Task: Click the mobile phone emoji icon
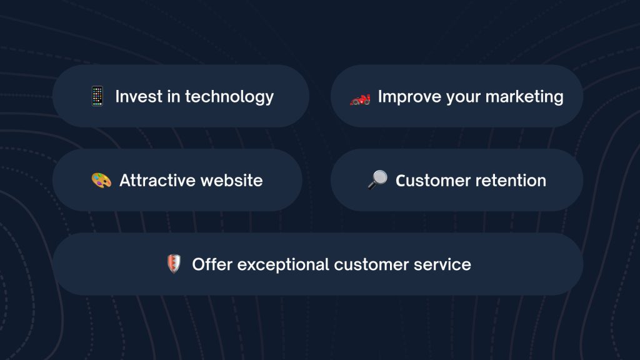pyautogui.click(x=97, y=96)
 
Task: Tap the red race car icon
pyautogui.click(x=360, y=99)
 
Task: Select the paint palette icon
pyautogui.click(x=101, y=181)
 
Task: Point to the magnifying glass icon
pyautogui.click(x=377, y=179)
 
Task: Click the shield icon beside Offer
pyautogui.click(x=174, y=264)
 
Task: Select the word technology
pyautogui.click(x=229, y=97)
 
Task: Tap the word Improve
pyautogui.click(x=409, y=97)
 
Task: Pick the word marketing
pyautogui.click(x=524, y=97)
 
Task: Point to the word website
pyautogui.click(x=232, y=181)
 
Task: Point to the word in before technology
pyautogui.click(x=174, y=97)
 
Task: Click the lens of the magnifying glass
pyautogui.click(x=380, y=177)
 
